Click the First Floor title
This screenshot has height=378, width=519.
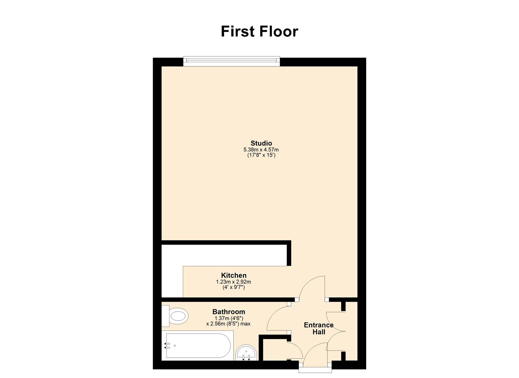(x=259, y=31)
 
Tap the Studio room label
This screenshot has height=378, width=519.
(x=261, y=143)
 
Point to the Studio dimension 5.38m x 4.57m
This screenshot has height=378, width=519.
(x=261, y=150)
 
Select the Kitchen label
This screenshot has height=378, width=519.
(x=233, y=275)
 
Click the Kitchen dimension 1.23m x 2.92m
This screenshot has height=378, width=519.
(x=233, y=282)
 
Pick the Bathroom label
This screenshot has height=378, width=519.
(x=229, y=311)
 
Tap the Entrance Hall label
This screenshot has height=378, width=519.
(x=319, y=328)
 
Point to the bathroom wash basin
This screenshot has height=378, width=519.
(x=246, y=353)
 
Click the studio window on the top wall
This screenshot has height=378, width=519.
(x=231, y=61)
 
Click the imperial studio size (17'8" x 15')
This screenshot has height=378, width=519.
(x=261, y=155)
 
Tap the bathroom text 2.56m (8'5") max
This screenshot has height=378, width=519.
(x=228, y=324)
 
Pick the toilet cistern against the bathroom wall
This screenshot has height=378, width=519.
(x=165, y=316)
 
